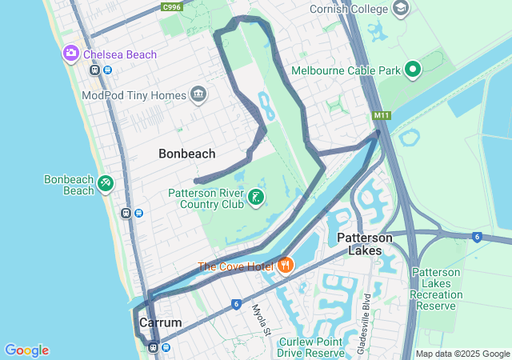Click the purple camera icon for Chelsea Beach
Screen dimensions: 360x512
71,54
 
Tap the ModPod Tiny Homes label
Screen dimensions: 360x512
133,95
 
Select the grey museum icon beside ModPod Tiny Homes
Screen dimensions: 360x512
198,95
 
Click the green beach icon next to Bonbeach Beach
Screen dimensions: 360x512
106,185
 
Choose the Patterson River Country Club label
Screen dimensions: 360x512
206,198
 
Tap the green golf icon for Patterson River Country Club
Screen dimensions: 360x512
256,198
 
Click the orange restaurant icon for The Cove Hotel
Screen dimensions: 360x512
285,266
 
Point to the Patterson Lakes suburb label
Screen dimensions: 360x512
365,244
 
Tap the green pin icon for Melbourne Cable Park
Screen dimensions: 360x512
413,70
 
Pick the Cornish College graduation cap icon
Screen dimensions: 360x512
401,9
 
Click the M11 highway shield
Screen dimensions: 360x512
381,116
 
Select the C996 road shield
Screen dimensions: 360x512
171,7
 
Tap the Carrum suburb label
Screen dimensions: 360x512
160,322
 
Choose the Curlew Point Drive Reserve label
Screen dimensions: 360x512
311,347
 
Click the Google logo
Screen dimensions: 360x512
26,350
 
